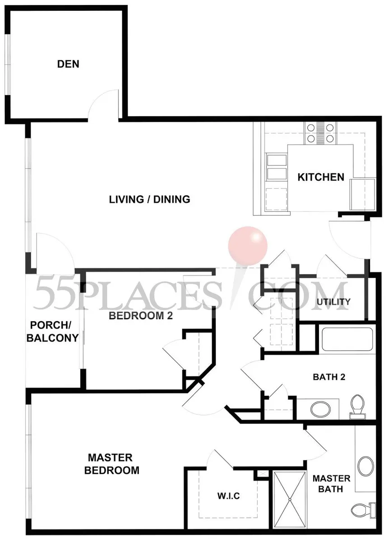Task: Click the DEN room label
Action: [68, 64]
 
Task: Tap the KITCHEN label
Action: [321, 177]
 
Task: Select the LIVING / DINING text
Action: [149, 199]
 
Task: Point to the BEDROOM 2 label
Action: [141, 316]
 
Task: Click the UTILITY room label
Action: [333, 302]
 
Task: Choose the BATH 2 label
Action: [329, 377]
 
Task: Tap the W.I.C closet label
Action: [228, 496]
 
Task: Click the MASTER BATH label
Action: [331, 484]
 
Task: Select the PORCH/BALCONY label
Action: [52, 331]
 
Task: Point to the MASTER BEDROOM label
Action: [111, 464]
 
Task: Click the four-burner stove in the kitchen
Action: [320, 133]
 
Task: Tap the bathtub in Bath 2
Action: [347, 339]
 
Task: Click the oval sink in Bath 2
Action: [320, 409]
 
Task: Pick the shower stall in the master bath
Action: [290, 499]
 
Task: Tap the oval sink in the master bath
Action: [366, 466]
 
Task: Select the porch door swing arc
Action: [62, 242]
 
